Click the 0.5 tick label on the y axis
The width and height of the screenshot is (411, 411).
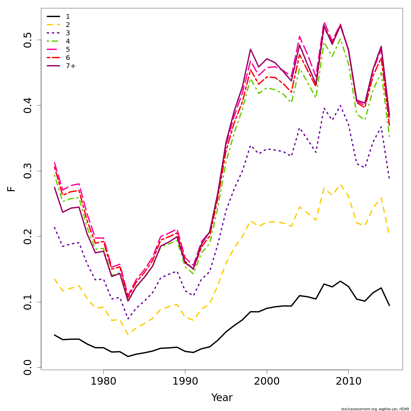click(28, 40)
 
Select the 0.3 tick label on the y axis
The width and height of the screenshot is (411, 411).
click(28, 171)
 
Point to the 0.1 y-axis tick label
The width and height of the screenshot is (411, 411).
click(28, 302)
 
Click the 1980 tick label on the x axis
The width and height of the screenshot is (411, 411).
click(103, 381)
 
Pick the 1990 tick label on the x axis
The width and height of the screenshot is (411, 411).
click(185, 381)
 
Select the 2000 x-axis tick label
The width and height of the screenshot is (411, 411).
click(267, 381)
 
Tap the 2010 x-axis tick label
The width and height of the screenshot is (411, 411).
click(348, 381)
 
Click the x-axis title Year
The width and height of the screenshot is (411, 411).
click(222, 398)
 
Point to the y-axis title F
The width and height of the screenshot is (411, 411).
click(12, 189)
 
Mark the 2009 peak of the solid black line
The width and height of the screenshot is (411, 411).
click(340, 281)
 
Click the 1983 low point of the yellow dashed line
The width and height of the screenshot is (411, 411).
click(128, 335)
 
